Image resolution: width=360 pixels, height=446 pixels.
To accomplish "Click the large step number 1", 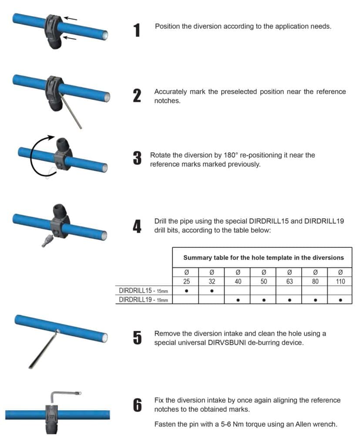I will coord(137,30).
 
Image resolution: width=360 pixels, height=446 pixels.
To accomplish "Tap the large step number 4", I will coord(137,226).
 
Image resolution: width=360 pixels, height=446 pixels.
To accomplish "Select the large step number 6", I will coord(137,405).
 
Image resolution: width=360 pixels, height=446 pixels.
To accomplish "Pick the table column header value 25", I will coord(186,281).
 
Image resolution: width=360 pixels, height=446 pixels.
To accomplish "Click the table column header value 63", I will coord(289,281).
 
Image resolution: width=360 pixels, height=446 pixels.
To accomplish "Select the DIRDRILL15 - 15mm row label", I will coord(143,291).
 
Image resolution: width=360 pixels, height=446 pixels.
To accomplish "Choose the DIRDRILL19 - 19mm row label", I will coord(143,299).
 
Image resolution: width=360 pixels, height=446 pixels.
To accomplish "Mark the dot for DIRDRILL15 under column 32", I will coord(212,291).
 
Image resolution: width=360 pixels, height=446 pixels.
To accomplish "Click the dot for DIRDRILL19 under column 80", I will coord(315,300).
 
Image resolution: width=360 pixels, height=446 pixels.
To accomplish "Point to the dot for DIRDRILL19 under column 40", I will coord(238,300).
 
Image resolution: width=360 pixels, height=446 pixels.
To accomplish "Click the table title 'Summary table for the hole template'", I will coord(263,257).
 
